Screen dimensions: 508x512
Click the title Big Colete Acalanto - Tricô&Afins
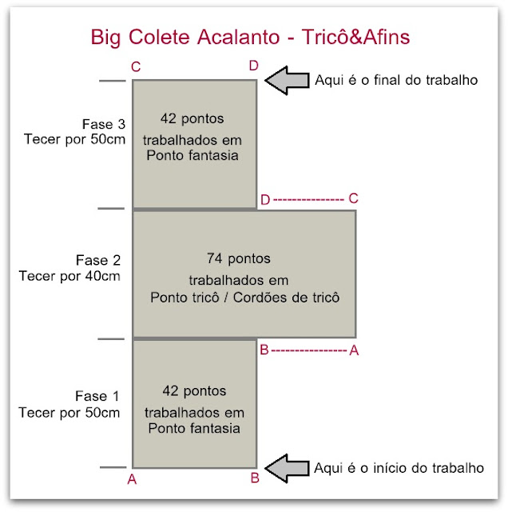pyautogui.click(x=250, y=38)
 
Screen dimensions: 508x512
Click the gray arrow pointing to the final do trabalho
pyautogui.click(x=287, y=80)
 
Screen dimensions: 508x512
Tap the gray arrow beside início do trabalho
pyautogui.click(x=287, y=468)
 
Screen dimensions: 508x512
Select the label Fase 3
pyautogui.click(x=104, y=124)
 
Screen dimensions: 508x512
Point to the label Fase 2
pyautogui.click(x=98, y=260)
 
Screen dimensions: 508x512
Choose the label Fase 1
pyautogui.click(x=97, y=396)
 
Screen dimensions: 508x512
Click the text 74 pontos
pyautogui.click(x=239, y=258)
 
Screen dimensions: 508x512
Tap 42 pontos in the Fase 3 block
pyautogui.click(x=192, y=118)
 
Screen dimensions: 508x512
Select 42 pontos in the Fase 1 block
pyautogui.click(x=194, y=391)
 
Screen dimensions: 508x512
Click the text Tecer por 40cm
pyautogui.click(x=69, y=276)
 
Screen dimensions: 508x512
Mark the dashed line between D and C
pyautogui.click(x=308, y=199)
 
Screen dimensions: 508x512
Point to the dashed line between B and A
pyautogui.click(x=309, y=351)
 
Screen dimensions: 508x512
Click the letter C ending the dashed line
pyautogui.click(x=354, y=198)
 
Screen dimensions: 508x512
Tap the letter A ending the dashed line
pyautogui.click(x=354, y=350)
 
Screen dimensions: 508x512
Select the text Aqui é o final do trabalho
pyautogui.click(x=396, y=80)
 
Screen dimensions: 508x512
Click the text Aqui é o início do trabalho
pyautogui.click(x=399, y=468)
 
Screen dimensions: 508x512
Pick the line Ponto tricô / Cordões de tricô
pyautogui.click(x=245, y=298)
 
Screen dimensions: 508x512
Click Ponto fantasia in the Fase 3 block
pyautogui.click(x=192, y=155)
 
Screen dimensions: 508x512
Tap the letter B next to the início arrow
pyautogui.click(x=255, y=478)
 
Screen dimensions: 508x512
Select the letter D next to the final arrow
pyautogui.click(x=254, y=66)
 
